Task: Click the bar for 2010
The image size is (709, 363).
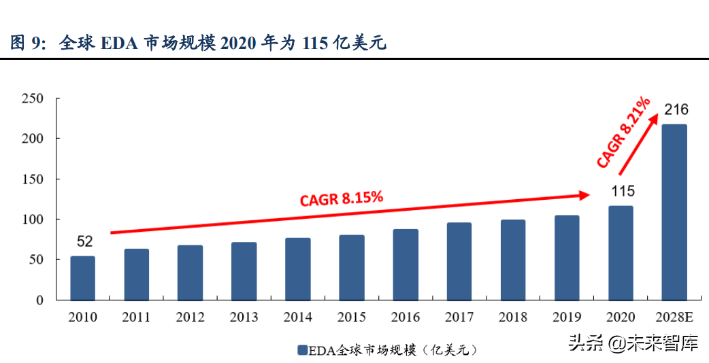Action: tap(82, 278)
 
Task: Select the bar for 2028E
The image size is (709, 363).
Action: tap(674, 212)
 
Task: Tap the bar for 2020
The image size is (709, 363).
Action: tap(621, 253)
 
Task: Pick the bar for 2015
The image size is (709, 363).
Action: tap(352, 267)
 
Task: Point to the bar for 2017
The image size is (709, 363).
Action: tap(459, 261)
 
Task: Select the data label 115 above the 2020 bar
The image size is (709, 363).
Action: tap(621, 192)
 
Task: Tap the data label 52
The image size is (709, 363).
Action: tap(84, 241)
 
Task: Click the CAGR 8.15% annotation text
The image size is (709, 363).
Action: tap(342, 198)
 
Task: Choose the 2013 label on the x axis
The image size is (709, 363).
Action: tap(244, 317)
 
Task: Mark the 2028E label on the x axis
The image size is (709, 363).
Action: tap(675, 317)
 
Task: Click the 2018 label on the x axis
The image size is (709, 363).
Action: tap(513, 317)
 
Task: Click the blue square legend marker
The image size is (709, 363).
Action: tap(302, 350)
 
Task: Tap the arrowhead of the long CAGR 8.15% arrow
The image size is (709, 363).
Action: tap(584, 195)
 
